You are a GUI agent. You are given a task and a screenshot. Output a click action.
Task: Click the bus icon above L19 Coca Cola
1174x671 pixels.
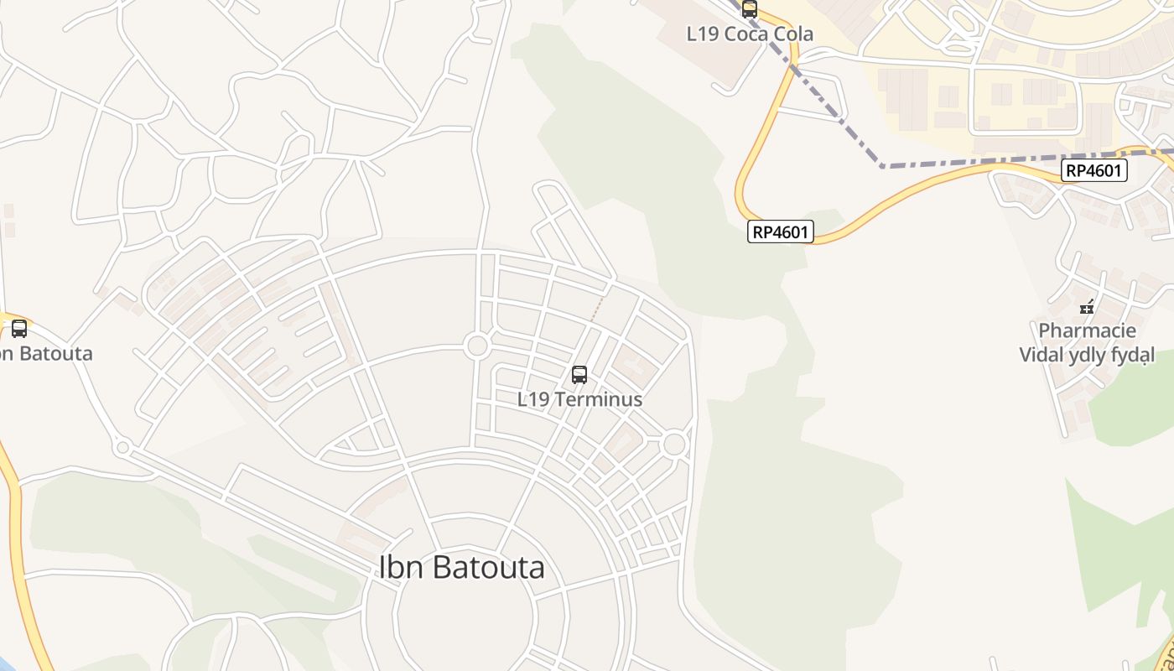pyautogui.click(x=750, y=9)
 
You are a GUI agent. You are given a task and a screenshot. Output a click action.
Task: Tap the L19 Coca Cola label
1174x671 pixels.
pyautogui.click(x=750, y=34)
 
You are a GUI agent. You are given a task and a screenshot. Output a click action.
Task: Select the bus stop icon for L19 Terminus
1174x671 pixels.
pyautogui.click(x=579, y=375)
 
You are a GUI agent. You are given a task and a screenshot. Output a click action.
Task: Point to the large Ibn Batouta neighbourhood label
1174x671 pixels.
pyautogui.click(x=462, y=568)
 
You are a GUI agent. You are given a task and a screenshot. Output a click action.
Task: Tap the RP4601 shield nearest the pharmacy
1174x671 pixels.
pyautogui.click(x=1093, y=171)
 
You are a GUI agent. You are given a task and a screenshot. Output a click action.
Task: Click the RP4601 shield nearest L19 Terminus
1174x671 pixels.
pyautogui.click(x=781, y=231)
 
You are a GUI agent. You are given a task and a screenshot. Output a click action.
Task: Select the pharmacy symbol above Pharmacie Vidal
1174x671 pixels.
pyautogui.click(x=1087, y=307)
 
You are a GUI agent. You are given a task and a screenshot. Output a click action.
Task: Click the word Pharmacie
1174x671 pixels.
pyautogui.click(x=1087, y=330)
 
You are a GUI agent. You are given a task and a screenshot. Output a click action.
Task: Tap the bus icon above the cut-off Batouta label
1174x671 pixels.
pyautogui.click(x=19, y=329)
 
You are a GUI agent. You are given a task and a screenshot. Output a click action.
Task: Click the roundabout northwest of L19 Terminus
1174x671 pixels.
pyautogui.click(x=477, y=346)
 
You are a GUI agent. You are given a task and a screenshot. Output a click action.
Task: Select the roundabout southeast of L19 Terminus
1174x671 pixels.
pyautogui.click(x=674, y=445)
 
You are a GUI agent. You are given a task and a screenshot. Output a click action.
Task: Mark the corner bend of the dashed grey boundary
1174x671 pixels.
pyautogui.click(x=882, y=166)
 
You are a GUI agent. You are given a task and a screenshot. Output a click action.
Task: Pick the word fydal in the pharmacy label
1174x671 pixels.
pyautogui.click(x=1131, y=355)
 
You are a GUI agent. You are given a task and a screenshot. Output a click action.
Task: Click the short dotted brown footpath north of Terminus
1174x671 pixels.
pyautogui.click(x=596, y=309)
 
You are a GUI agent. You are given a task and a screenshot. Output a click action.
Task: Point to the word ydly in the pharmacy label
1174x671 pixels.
pyautogui.click(x=1086, y=355)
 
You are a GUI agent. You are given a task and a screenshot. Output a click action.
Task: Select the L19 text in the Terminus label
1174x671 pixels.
pyautogui.click(x=533, y=399)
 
